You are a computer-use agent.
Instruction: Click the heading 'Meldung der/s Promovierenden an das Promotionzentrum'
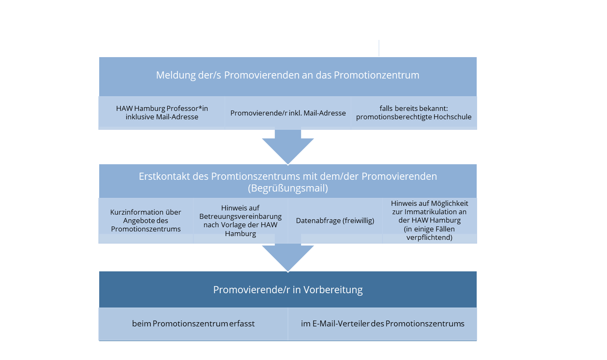coord(288,75)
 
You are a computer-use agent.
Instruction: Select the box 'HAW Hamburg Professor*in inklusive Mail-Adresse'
coord(162,113)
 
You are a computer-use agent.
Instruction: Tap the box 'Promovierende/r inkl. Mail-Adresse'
coord(288,113)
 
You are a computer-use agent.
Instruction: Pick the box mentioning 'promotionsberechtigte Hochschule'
coord(414,113)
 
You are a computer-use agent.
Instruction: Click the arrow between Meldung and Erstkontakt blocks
coord(288,147)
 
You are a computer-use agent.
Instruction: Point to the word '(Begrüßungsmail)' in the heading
coord(288,188)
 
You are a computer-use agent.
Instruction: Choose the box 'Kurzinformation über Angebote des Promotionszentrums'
coord(146,221)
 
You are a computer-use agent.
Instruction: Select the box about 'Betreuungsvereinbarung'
coord(240,221)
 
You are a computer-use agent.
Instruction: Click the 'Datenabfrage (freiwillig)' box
coord(335,221)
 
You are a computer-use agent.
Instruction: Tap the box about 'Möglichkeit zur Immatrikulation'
coord(429,221)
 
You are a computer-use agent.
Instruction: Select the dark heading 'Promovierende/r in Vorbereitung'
coord(288,290)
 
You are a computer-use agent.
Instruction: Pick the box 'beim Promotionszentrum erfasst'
coord(193,324)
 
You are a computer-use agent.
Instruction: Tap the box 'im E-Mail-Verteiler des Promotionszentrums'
coord(383,324)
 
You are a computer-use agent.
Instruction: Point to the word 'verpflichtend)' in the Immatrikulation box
coord(429,237)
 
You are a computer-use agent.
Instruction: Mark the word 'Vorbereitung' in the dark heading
coord(333,290)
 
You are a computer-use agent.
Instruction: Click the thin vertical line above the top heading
coord(379,48)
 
